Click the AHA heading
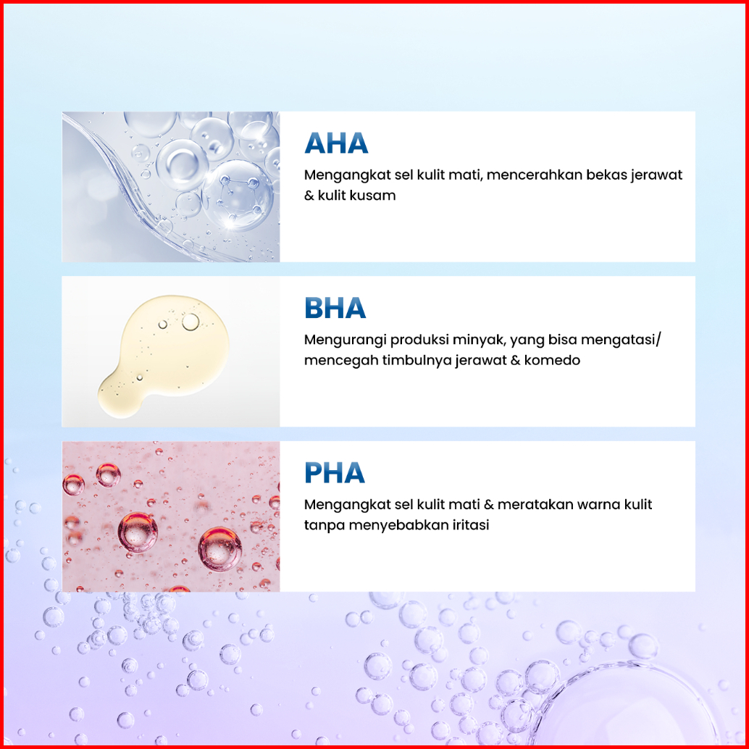[336, 143]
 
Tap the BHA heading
[335, 308]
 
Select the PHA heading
[335, 473]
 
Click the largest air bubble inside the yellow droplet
[191, 322]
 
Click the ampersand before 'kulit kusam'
[309, 196]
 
